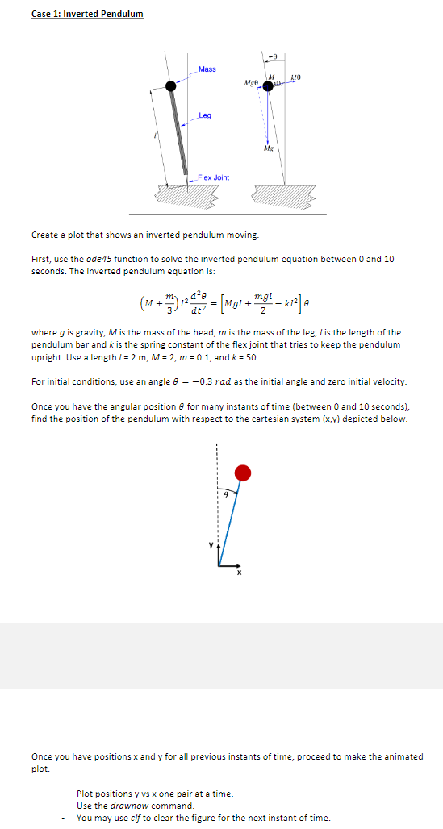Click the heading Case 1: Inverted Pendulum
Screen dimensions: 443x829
coord(87,14)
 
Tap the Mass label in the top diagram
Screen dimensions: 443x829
coord(207,69)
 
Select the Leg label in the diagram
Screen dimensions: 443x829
coord(205,115)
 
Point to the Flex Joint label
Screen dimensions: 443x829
coord(214,177)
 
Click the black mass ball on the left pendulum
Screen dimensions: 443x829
coord(170,85)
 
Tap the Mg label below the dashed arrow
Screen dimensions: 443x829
coord(267,149)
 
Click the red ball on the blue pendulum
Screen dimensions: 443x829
coord(242,473)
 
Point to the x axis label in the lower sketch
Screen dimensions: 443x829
coord(239,573)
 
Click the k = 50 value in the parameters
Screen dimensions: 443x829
coord(247,357)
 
